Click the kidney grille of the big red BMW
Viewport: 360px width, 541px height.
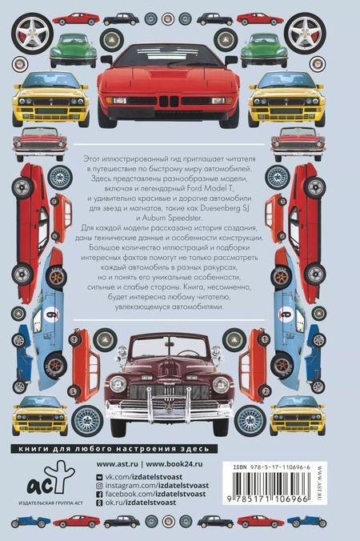tap(169, 101)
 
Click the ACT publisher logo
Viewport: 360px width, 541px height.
tap(46, 478)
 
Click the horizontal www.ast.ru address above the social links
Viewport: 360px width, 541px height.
tap(117, 464)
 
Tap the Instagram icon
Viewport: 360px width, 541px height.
tap(100, 486)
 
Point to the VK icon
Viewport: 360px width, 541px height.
tap(100, 477)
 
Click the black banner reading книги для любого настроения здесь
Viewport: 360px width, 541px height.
tap(114, 448)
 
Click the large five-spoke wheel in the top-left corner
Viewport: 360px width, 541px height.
tap(33, 33)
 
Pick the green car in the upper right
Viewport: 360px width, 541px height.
tap(264, 50)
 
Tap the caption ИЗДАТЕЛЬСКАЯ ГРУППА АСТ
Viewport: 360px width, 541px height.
tap(46, 503)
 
